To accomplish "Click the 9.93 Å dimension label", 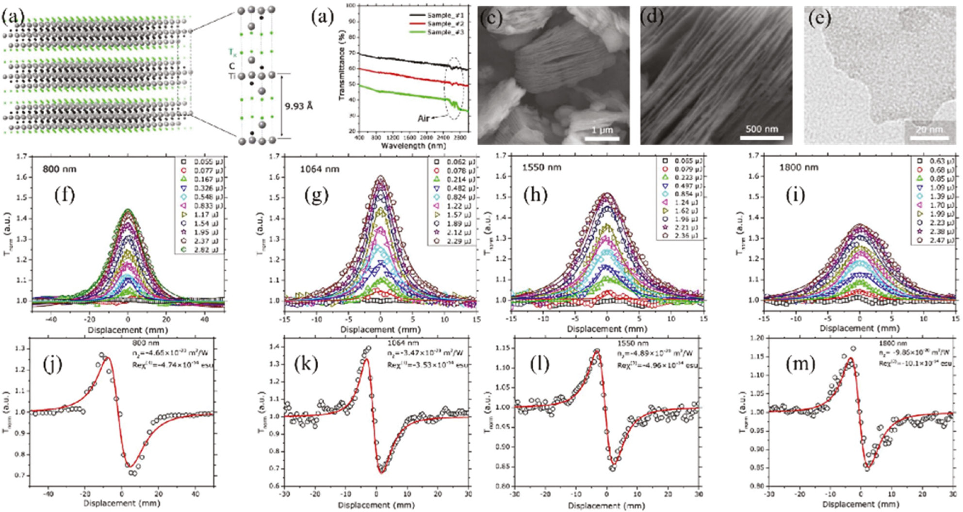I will click(x=299, y=106).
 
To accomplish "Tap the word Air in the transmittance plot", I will click(x=424, y=118).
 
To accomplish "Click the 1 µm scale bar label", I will click(x=602, y=130).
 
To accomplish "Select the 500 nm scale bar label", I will click(x=761, y=129).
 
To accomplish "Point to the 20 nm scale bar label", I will click(x=929, y=130).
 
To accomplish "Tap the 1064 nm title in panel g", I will click(x=319, y=169).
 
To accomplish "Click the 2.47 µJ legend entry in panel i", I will click(x=941, y=240).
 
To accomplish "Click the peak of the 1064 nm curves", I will click(x=381, y=177).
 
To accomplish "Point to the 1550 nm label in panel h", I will click(x=541, y=167).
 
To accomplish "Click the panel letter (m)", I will click(x=800, y=364).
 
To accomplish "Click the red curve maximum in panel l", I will click(x=597, y=350).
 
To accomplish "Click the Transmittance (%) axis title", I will click(x=342, y=70).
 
